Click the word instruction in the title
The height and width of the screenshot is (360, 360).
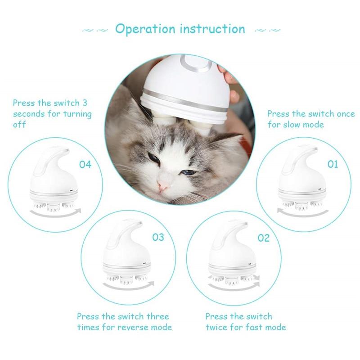click(x=212, y=29)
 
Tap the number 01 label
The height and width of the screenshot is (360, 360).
click(x=332, y=164)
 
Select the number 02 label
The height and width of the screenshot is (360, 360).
click(x=263, y=238)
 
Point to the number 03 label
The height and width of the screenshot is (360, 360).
click(x=158, y=237)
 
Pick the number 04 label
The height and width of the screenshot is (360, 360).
click(x=85, y=164)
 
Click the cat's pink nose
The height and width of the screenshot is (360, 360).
click(x=163, y=185)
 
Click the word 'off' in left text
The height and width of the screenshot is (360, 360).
click(x=19, y=125)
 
